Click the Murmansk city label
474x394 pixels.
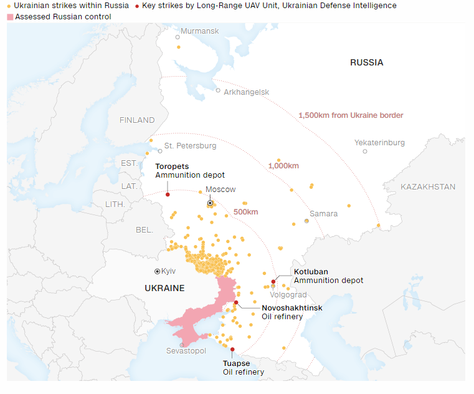coord(200,31)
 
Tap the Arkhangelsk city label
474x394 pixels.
coord(247,92)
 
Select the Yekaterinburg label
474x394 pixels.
coord(379,143)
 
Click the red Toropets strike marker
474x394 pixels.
coord(168,195)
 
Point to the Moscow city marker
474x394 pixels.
coord(211,203)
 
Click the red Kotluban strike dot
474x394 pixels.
coord(273,282)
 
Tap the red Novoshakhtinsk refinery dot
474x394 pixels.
coord(236,302)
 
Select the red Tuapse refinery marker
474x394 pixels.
coord(232,349)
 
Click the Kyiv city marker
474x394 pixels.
coord(157,271)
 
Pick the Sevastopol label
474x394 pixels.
coord(186,352)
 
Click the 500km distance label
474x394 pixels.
coord(245,212)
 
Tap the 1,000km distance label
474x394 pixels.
coord(283,166)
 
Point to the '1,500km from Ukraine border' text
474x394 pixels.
coord(351,115)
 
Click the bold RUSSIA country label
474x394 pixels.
coord(366,62)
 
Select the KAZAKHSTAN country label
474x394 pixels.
coord(428,187)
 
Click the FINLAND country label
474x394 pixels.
coord(137,120)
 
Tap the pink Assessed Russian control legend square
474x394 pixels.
coord(10,17)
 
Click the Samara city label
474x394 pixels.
coord(324,214)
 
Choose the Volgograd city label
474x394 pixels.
coord(288,295)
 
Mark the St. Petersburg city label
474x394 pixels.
coord(191,146)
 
